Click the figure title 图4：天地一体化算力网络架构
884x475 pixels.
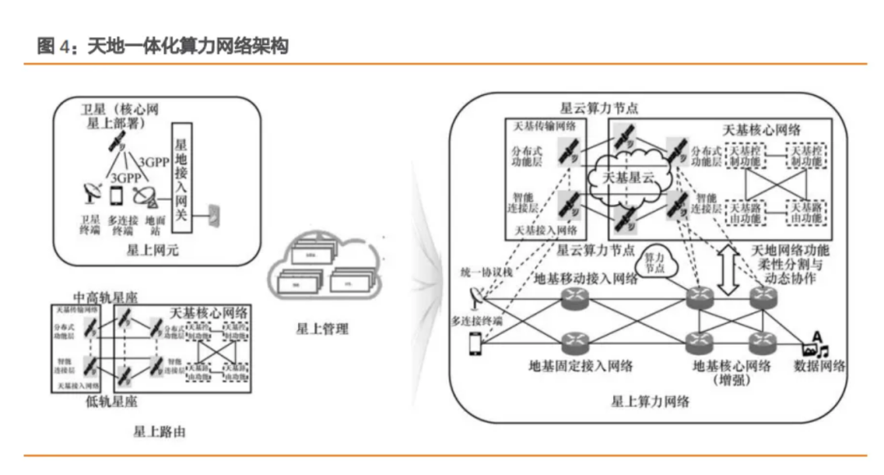tap(163, 47)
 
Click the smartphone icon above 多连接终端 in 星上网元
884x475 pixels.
tap(116, 195)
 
